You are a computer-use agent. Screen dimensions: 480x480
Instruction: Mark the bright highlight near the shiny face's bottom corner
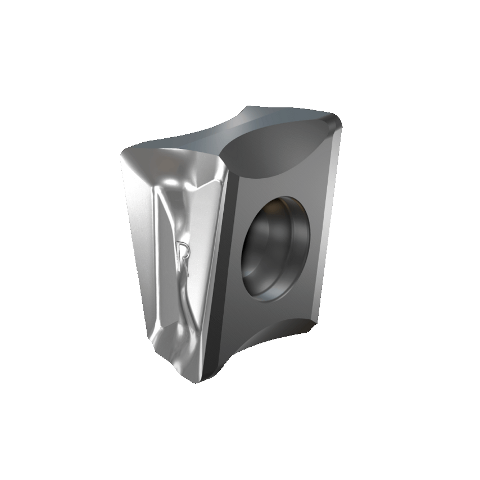pyautogui.click(x=163, y=343)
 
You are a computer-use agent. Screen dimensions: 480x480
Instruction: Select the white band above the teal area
pyautogui.click(x=240, y=45)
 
